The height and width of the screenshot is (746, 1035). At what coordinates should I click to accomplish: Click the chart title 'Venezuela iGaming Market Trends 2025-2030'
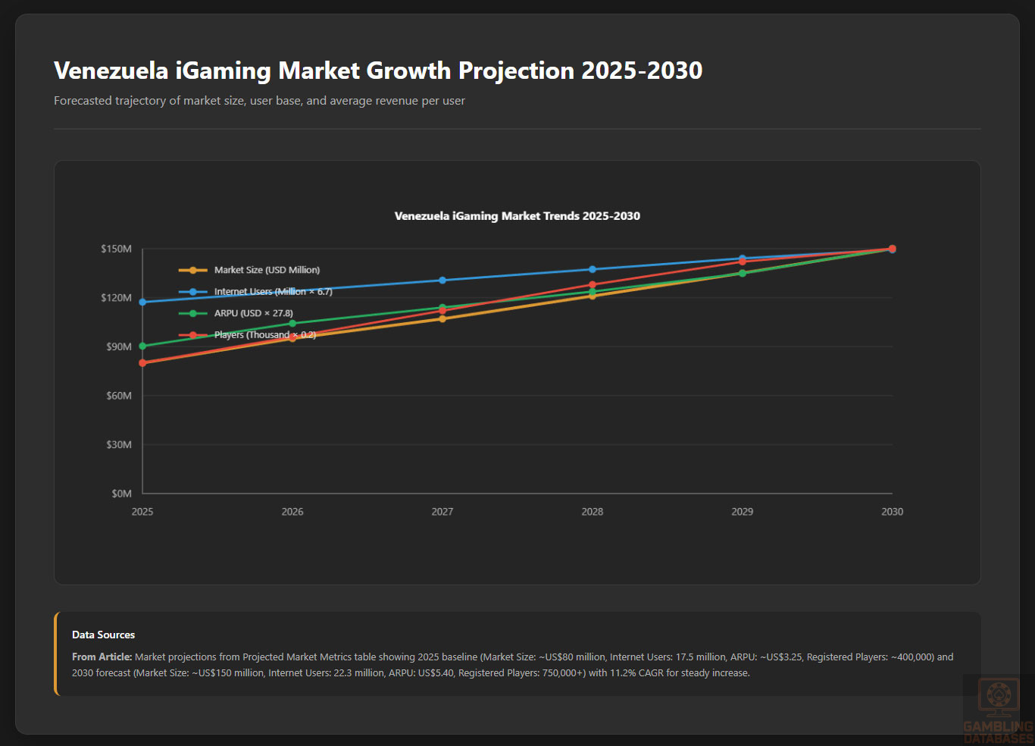coord(517,216)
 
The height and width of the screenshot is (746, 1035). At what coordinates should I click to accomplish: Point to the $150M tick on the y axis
coord(116,249)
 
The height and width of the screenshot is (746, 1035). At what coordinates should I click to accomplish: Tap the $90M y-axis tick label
coord(118,346)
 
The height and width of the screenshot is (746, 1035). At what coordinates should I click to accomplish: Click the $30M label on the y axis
coord(118,444)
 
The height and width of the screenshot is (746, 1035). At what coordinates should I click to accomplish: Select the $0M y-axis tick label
coord(121,494)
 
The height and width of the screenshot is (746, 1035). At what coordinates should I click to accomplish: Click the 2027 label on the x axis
coord(442,512)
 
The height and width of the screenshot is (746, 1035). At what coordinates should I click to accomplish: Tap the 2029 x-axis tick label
coord(743,512)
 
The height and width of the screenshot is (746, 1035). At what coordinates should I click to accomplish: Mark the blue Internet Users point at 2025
coord(142,302)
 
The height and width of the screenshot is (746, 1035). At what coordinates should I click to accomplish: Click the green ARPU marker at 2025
coord(142,346)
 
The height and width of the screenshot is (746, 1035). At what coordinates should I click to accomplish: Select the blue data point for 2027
coord(442,281)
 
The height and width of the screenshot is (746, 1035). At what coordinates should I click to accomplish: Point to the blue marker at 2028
coord(593,269)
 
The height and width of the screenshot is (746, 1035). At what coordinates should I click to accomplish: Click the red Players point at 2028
coord(593,285)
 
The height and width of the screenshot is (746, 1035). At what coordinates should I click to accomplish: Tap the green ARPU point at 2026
coord(292,324)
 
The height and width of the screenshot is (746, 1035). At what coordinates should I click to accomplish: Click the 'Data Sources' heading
coord(103,635)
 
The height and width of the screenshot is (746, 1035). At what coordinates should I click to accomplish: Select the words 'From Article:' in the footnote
coord(102,657)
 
